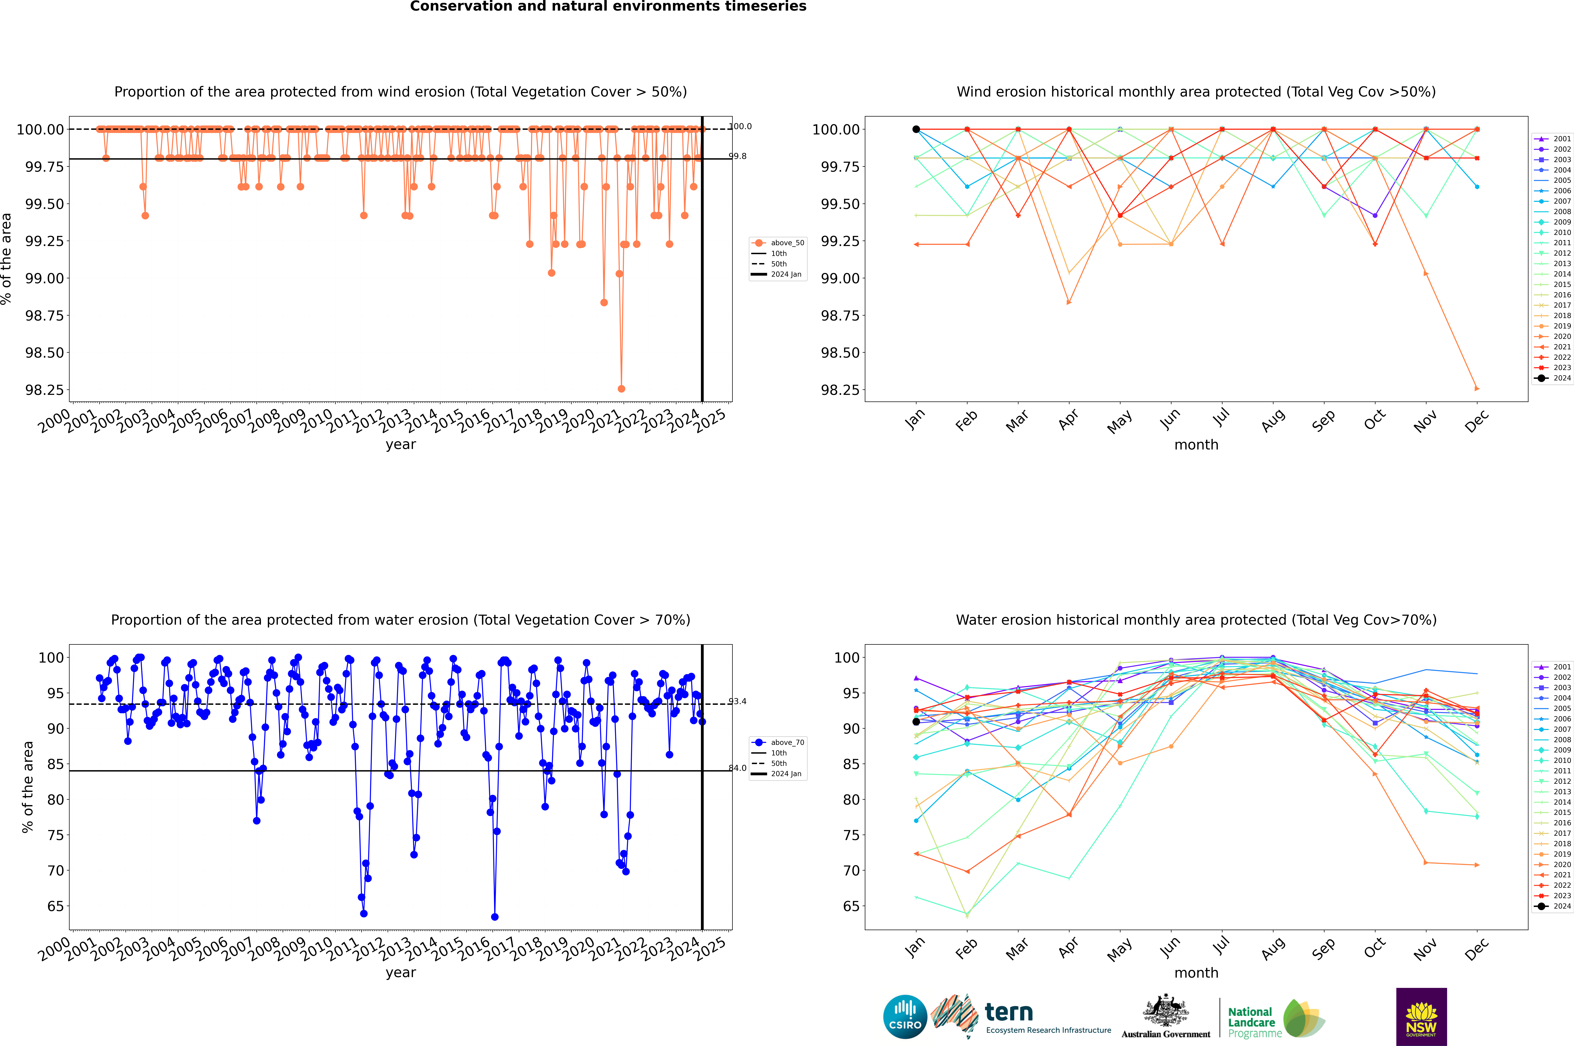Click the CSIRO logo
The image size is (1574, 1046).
905,1017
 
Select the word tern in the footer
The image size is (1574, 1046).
1009,1012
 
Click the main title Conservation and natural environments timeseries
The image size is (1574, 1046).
608,7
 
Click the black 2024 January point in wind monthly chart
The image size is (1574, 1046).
916,129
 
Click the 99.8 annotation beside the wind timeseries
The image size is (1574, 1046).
737,156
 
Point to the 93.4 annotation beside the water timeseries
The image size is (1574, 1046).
737,701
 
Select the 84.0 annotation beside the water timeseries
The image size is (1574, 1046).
737,768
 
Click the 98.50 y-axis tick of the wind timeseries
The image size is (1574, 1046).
45,353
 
